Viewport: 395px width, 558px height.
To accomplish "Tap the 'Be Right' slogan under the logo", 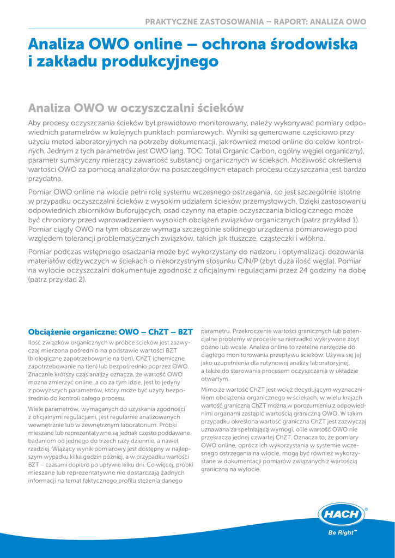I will [343, 532].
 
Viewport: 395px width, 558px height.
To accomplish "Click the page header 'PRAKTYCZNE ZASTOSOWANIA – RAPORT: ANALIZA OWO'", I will [256, 22].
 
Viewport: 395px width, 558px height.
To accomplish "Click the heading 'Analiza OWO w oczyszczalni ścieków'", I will [136, 108].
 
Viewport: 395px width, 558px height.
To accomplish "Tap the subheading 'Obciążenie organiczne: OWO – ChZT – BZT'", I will [111, 331].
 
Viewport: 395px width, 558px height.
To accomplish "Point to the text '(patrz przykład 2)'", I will [57, 279].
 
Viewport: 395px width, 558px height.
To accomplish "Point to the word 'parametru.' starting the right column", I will [215, 330].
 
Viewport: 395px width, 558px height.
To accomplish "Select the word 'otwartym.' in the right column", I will [216, 379].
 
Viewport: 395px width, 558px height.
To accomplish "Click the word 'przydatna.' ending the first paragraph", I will [45, 179].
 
